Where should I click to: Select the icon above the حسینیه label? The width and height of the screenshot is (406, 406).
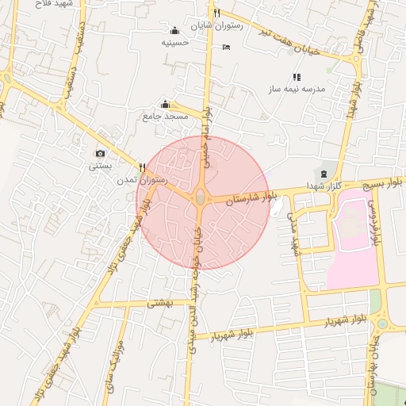tap(174, 31)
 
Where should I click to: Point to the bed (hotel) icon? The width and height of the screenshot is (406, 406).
tap(227, 48)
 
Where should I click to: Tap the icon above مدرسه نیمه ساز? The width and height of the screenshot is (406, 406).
tap(297, 77)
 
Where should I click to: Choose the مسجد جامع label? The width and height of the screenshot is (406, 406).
tap(165, 117)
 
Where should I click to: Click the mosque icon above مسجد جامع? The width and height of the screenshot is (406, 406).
tap(165, 104)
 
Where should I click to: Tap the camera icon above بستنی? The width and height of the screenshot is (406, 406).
tap(100, 153)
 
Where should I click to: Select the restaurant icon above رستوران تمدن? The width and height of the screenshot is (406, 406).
tap(142, 167)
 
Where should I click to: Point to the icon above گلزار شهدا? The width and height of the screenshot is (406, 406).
tap(323, 174)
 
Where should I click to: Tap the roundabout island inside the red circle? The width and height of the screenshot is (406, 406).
tap(200, 197)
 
